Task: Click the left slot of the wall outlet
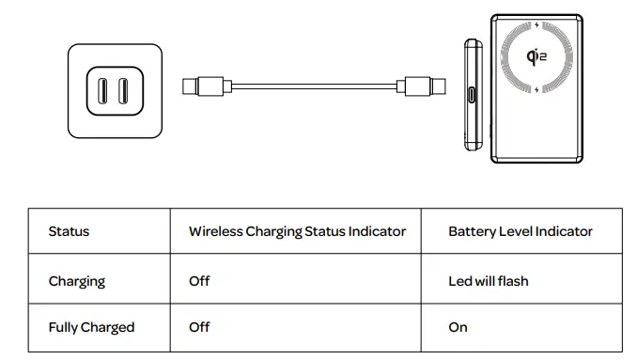point(102,91)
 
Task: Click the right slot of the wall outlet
point(123,91)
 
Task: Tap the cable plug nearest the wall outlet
point(207,86)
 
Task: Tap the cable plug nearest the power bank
point(421,86)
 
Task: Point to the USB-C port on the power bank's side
point(472,95)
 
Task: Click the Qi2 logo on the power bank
point(536,56)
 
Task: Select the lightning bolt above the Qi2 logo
point(536,25)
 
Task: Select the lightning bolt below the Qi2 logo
point(536,89)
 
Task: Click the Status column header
point(69,231)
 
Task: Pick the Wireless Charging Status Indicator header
point(298,231)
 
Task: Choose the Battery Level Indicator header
point(520,231)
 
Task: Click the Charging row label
point(77,281)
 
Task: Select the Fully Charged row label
point(91,327)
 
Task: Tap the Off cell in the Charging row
point(199,281)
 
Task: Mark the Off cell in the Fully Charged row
point(199,327)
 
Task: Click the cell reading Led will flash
point(489,281)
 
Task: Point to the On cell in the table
point(458,327)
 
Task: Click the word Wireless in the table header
point(216,231)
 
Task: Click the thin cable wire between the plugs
point(314,86)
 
